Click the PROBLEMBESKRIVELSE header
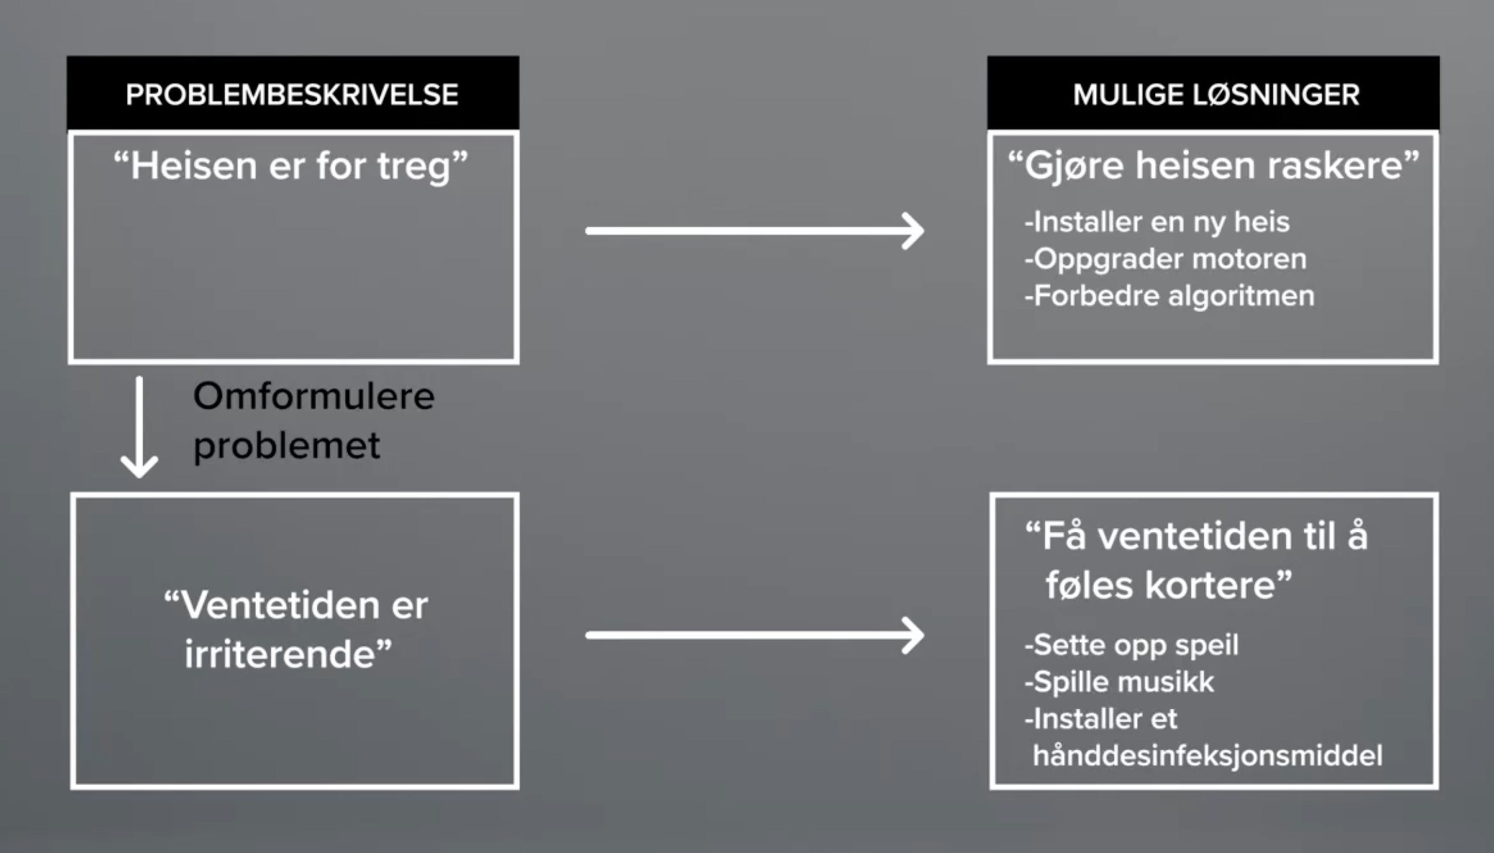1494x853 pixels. click(x=292, y=94)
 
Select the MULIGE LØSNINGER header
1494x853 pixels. click(x=1216, y=94)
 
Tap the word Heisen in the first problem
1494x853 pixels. click(x=191, y=166)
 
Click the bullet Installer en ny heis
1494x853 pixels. click(x=1157, y=222)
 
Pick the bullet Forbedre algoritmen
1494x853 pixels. click(x=1170, y=296)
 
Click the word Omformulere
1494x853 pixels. click(x=314, y=397)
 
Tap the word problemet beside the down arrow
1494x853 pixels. click(x=287, y=446)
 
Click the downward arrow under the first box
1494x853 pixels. click(x=139, y=428)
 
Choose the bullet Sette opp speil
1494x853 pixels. click(x=1132, y=645)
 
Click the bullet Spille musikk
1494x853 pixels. click(x=1120, y=682)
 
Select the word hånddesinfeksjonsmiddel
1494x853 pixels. click(x=1208, y=756)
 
